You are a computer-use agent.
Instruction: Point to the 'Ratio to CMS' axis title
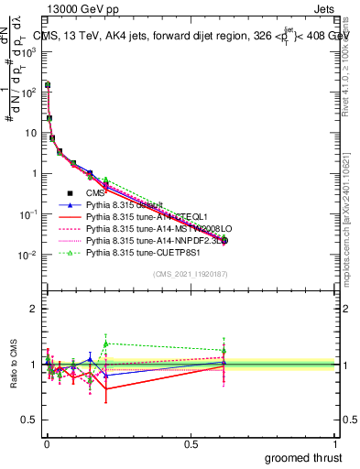12,365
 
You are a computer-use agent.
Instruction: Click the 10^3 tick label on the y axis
27,52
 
